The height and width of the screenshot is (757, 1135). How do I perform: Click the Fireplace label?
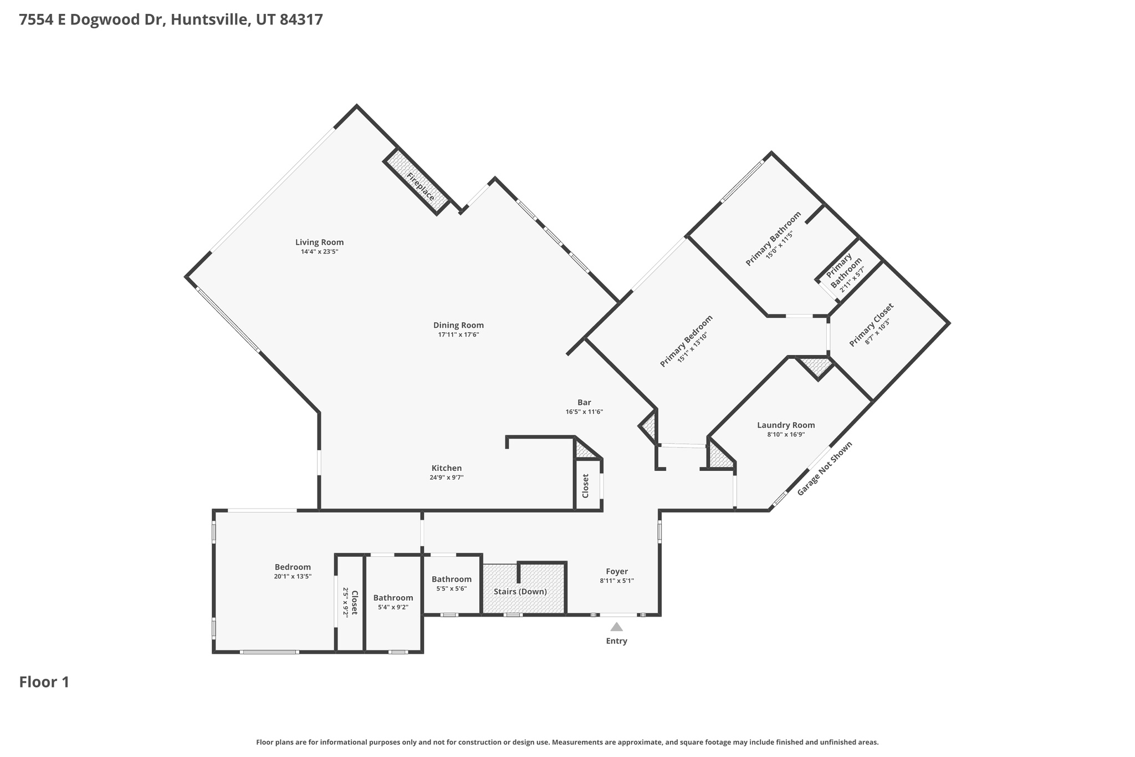coord(421,187)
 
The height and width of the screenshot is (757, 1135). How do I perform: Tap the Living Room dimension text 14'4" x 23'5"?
coord(319,252)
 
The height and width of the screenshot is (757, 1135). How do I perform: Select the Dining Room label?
coord(458,326)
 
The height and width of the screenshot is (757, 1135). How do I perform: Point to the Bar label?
coord(584,403)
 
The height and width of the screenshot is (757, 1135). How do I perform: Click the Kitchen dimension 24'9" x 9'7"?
coord(446,477)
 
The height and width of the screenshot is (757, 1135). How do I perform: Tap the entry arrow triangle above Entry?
coord(616,627)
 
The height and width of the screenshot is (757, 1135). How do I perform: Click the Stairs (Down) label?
coord(520,592)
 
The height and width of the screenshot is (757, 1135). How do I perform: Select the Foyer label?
coord(616,572)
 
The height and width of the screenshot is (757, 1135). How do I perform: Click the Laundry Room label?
coord(785,425)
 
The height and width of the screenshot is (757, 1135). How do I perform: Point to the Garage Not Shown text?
coord(824,469)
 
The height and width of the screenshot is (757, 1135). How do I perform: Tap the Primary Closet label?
coord(871,325)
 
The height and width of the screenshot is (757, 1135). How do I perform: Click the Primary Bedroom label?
coord(686,341)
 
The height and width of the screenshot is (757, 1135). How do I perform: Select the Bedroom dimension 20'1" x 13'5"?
coord(293,577)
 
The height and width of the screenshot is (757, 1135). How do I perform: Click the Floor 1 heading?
coord(44,682)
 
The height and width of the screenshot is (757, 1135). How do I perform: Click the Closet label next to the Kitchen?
coord(586,486)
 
